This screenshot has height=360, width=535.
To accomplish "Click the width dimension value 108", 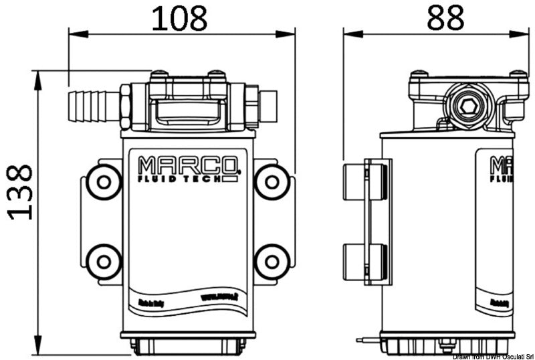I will point(179,18).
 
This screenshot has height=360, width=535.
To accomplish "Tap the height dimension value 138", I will point(19,191).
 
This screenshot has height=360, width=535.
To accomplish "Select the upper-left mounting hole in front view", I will point(104,181).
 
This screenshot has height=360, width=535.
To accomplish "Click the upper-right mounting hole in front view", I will point(272,181).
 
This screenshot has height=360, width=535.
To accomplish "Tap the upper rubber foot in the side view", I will point(364,181).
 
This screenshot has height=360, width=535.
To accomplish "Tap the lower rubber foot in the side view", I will point(364,262).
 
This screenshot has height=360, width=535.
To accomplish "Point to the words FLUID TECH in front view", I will point(181,178).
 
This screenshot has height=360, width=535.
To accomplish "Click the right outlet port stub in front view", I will point(267,105).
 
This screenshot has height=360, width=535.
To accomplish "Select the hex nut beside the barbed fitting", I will point(125,105).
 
